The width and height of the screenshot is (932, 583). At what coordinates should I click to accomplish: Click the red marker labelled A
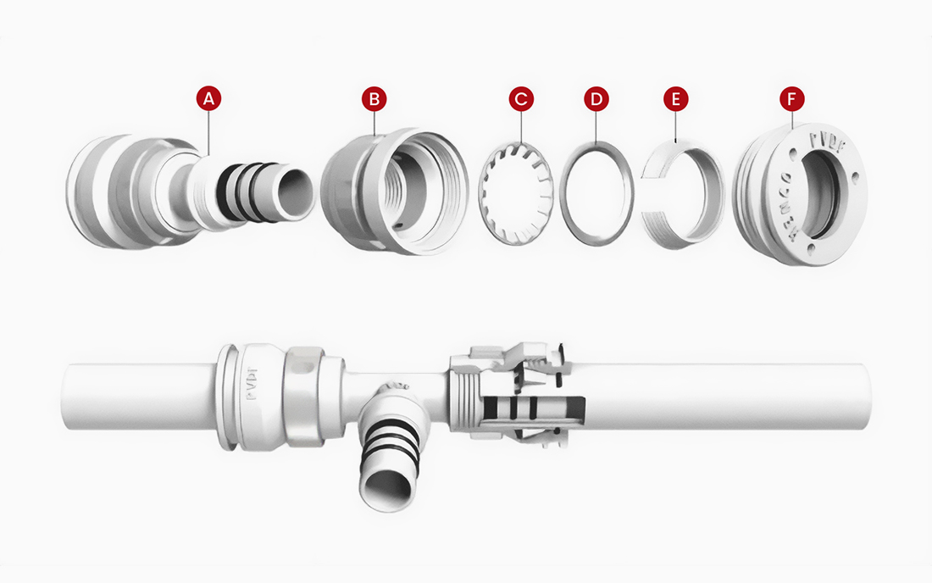[208, 98]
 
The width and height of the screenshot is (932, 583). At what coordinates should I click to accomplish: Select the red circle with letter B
[373, 98]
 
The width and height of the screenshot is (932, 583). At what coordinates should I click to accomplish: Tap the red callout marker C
[521, 98]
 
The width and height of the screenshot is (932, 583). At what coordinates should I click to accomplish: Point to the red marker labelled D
[597, 98]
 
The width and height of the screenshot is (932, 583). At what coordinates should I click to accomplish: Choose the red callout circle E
[675, 98]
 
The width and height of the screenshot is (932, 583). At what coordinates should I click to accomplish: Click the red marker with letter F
[791, 98]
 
